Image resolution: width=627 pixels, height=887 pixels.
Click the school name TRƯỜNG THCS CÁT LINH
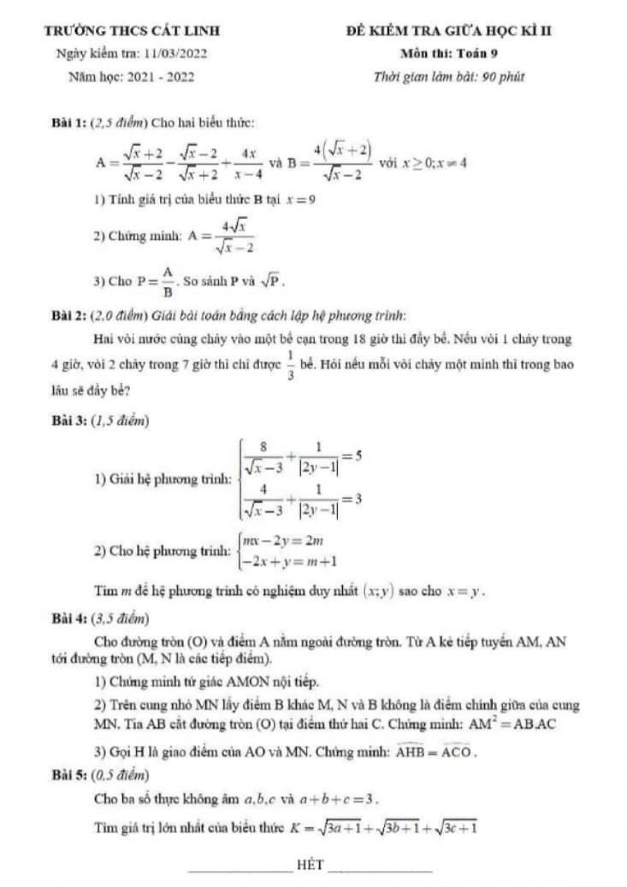pyautogui.click(x=133, y=31)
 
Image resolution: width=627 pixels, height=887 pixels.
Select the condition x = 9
pyautogui.click(x=300, y=199)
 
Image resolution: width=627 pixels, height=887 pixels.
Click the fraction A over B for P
pyautogui.click(x=167, y=282)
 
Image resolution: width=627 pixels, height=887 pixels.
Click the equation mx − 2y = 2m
pyautogui.click(x=288, y=540)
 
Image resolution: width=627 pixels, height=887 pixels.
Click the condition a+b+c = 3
pyautogui.click(x=339, y=799)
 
